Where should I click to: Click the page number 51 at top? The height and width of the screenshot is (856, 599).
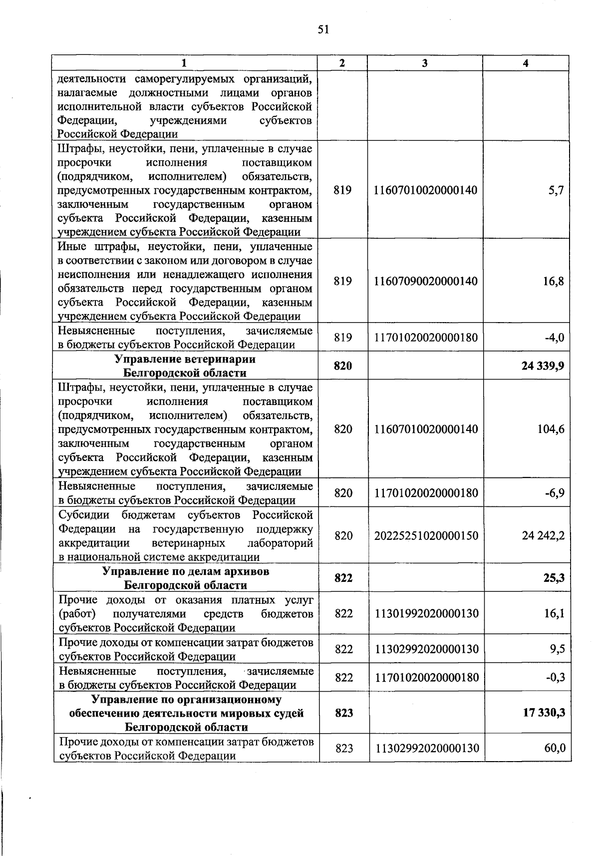[323, 29]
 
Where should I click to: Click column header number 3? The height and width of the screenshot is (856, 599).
[425, 63]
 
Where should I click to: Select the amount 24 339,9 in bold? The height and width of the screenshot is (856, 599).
[543, 366]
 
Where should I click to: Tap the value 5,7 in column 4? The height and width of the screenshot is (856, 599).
[556, 190]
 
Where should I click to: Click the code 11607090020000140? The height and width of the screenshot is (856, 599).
[426, 282]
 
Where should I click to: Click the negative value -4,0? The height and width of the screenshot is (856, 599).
[554, 338]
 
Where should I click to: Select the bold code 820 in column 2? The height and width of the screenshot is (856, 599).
[343, 366]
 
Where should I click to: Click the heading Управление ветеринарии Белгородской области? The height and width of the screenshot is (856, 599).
[185, 366]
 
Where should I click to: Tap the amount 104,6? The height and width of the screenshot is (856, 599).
[551, 429]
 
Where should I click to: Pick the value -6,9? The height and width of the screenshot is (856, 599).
[555, 493]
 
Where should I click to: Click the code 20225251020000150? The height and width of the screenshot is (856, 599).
[426, 536]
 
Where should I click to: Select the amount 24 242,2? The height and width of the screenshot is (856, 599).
[543, 536]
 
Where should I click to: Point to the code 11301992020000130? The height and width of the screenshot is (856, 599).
[426, 613]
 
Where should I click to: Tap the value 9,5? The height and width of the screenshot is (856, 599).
[557, 649]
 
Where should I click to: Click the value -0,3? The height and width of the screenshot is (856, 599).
[555, 678]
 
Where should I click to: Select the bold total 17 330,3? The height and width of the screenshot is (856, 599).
[544, 713]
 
